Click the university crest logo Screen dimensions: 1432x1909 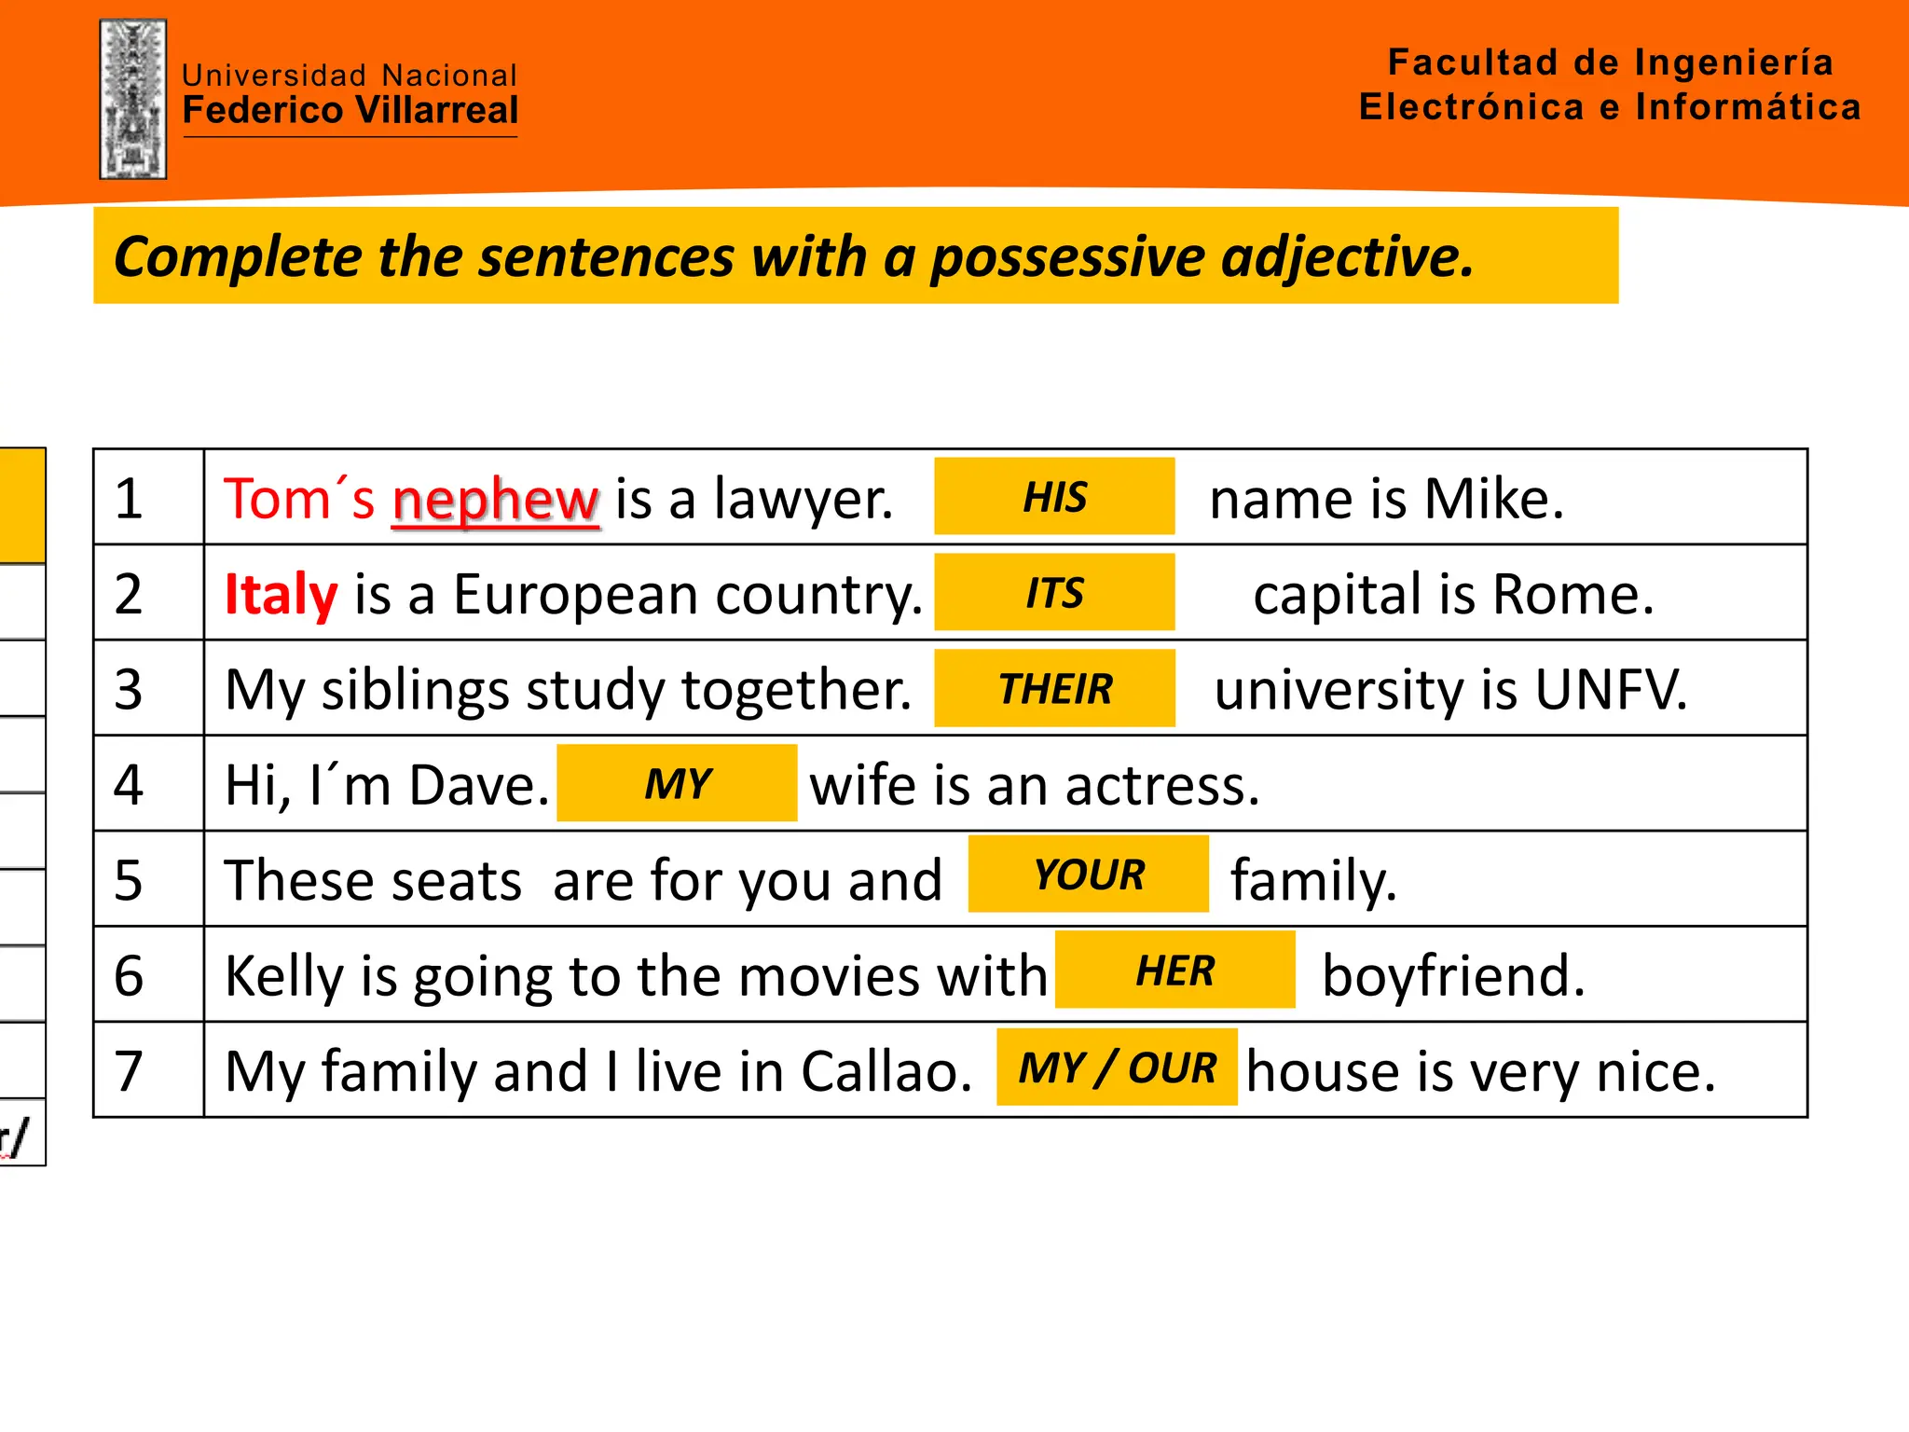[133, 99]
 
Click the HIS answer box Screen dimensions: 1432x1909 [1054, 496]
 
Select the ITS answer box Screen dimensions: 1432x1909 [1054, 592]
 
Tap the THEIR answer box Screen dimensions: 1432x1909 [1054, 688]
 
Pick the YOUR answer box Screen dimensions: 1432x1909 [1088, 874]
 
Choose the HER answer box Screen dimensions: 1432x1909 [1174, 971]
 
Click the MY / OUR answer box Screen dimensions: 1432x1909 [1117, 1067]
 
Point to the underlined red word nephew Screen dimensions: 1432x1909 [495, 500]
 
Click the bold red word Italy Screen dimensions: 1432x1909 [281, 595]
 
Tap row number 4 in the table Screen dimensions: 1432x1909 [129, 784]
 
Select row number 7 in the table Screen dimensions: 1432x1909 [129, 1070]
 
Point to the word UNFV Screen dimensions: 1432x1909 [1611, 690]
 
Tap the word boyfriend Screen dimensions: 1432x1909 [1453, 975]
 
